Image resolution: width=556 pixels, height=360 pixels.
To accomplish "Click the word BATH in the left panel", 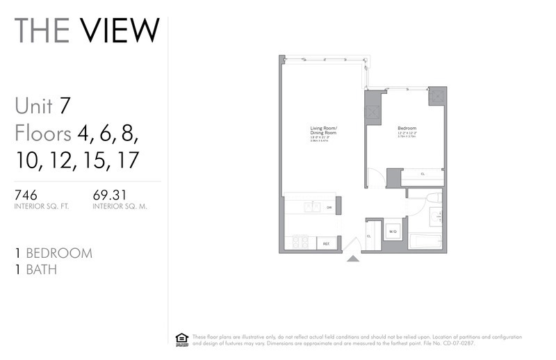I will (x=41, y=270).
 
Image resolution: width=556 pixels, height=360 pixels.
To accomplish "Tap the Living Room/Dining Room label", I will (x=323, y=131).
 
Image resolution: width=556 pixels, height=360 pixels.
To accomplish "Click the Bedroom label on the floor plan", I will (x=407, y=129).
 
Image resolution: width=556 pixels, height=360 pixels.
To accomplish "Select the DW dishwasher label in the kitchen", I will (x=329, y=207).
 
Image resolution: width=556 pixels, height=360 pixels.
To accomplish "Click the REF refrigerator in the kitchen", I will (x=325, y=243).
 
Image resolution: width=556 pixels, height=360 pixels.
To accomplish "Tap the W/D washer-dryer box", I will (x=392, y=231).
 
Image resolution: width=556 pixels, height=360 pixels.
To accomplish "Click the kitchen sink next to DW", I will (x=311, y=206).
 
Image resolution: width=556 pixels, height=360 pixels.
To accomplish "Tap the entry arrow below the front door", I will (x=352, y=259).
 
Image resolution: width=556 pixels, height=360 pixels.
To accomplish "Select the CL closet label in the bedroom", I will (x=423, y=174).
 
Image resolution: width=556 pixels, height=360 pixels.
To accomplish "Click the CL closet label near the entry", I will (x=369, y=235).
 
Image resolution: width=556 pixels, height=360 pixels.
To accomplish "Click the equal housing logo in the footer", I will (x=182, y=338).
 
